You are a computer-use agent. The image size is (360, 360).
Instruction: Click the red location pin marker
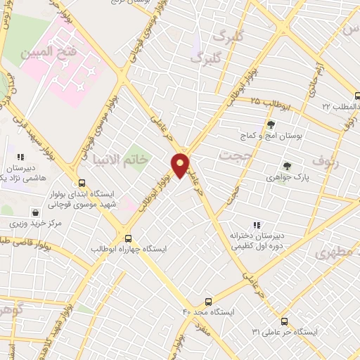(x=180, y=165)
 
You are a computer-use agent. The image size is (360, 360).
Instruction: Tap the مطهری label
(x=340, y=252)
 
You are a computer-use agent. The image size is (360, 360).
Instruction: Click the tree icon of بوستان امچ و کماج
(x=271, y=124)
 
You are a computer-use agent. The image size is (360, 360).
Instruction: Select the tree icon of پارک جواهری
(x=286, y=167)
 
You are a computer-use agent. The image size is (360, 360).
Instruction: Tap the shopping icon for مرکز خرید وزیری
(x=35, y=212)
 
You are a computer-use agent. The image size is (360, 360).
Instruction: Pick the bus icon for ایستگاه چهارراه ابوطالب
(x=128, y=238)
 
